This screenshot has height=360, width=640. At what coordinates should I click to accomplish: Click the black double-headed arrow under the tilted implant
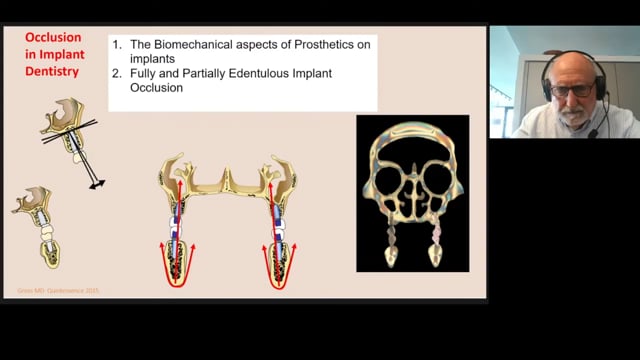pos(97,184)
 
